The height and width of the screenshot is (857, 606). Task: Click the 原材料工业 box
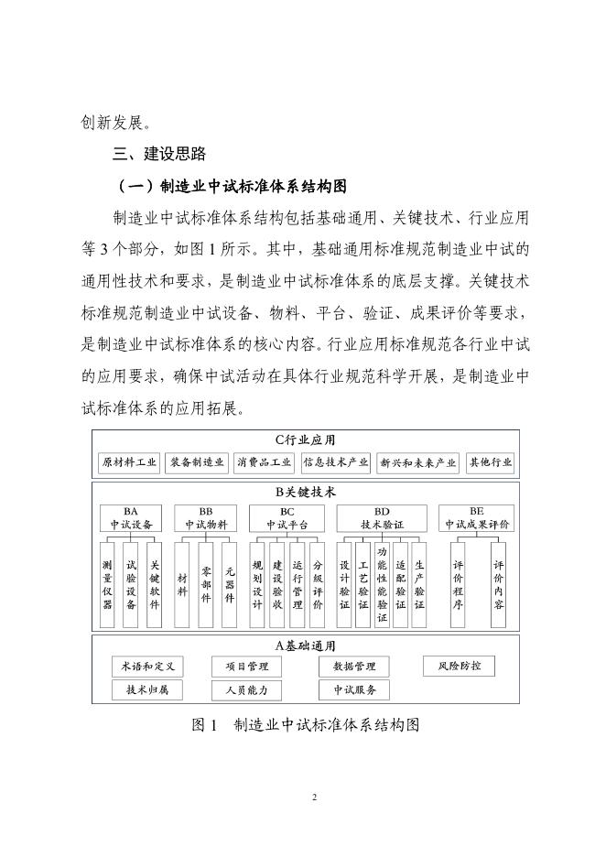[x=129, y=462]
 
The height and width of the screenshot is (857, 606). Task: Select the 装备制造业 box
[x=197, y=462]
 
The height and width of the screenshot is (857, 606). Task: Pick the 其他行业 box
[x=491, y=462]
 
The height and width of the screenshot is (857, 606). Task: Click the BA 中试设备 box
[x=130, y=519]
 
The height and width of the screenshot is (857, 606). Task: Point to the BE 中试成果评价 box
[x=477, y=519]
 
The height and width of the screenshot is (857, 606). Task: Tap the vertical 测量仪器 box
[x=108, y=586]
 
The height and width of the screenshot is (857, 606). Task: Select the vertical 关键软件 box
[x=154, y=586]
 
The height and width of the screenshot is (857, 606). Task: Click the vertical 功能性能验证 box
[x=382, y=586]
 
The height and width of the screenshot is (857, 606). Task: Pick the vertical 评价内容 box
[x=498, y=586]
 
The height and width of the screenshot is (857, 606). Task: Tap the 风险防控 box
[x=459, y=666]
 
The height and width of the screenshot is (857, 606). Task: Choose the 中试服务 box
[x=354, y=689]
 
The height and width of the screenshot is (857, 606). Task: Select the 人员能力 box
[x=246, y=689]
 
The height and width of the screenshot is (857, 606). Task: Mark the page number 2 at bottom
[x=314, y=797]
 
